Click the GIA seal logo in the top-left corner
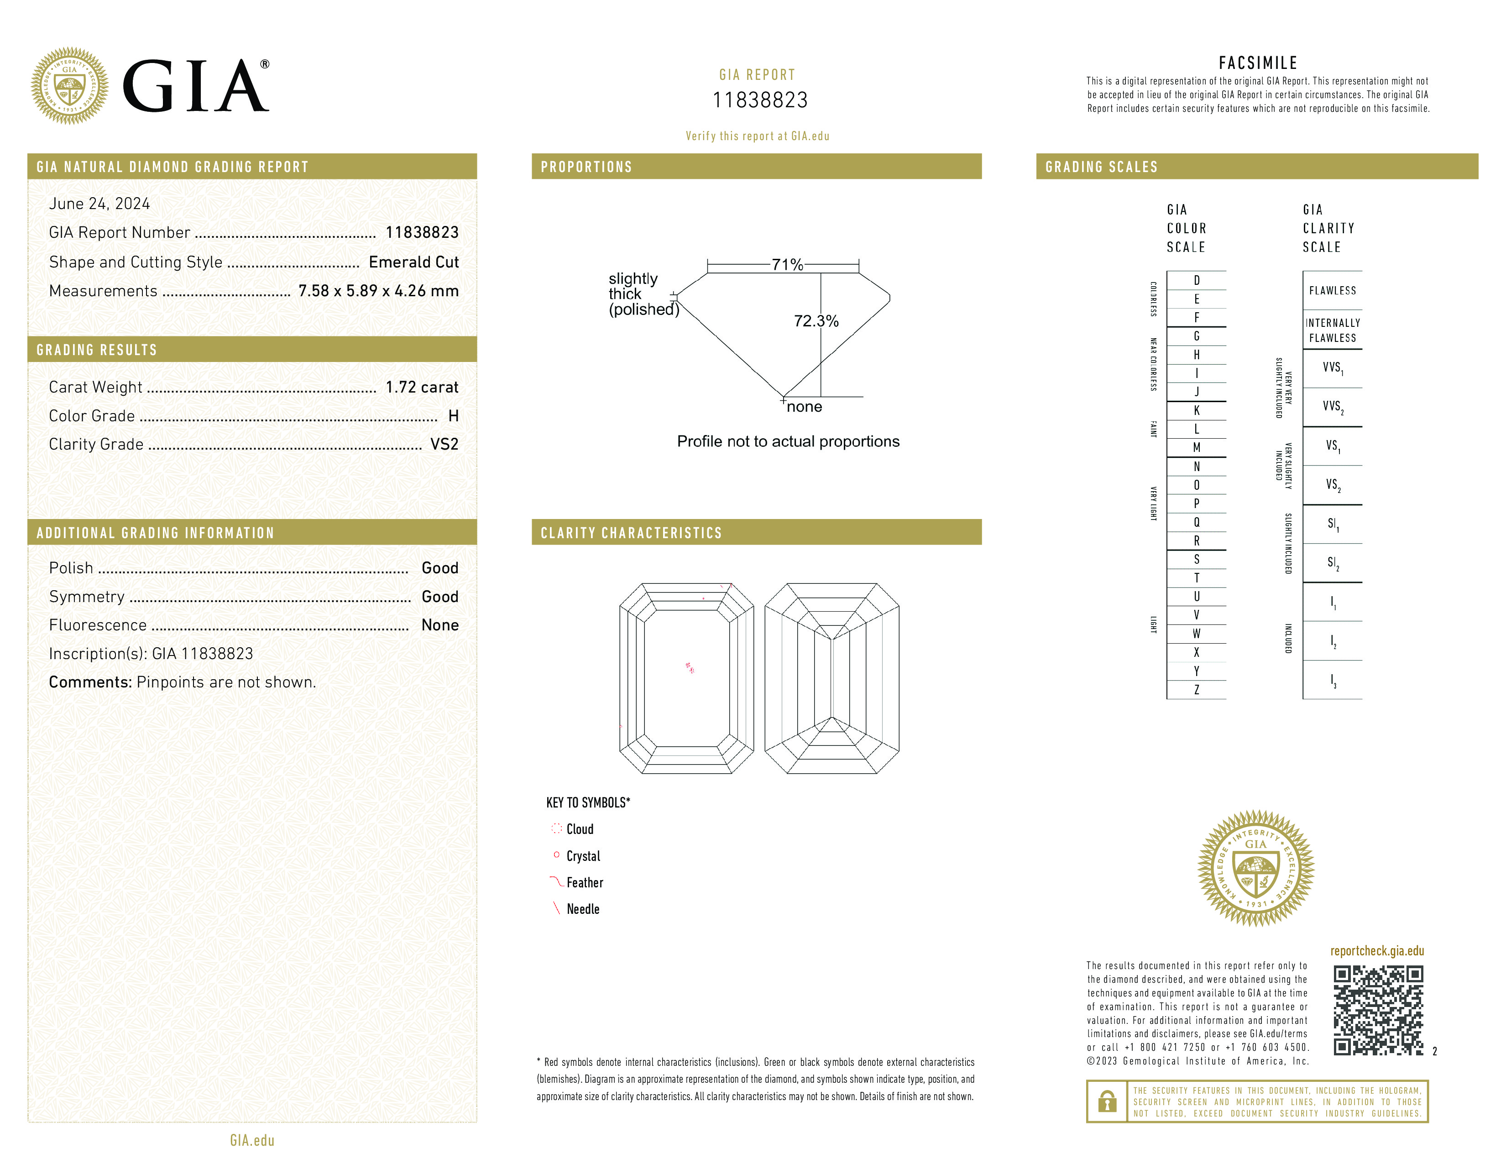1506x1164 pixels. pos(69,86)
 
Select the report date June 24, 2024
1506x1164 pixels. pos(99,204)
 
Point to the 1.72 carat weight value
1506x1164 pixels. pos(421,387)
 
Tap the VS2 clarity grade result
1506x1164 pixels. pos(444,444)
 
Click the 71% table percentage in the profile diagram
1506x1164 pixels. pos(787,265)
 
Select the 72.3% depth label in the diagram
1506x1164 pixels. pos(816,320)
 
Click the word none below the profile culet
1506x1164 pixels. pos(804,407)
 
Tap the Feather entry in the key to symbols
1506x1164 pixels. pos(584,883)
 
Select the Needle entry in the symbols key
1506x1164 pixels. pos(583,909)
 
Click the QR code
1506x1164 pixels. pos(1378,1010)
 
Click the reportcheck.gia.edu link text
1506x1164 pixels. pos(1376,951)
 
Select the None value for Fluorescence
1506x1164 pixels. pos(440,625)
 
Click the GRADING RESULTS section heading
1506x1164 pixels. pos(97,350)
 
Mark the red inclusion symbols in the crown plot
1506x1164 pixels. pos(690,667)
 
